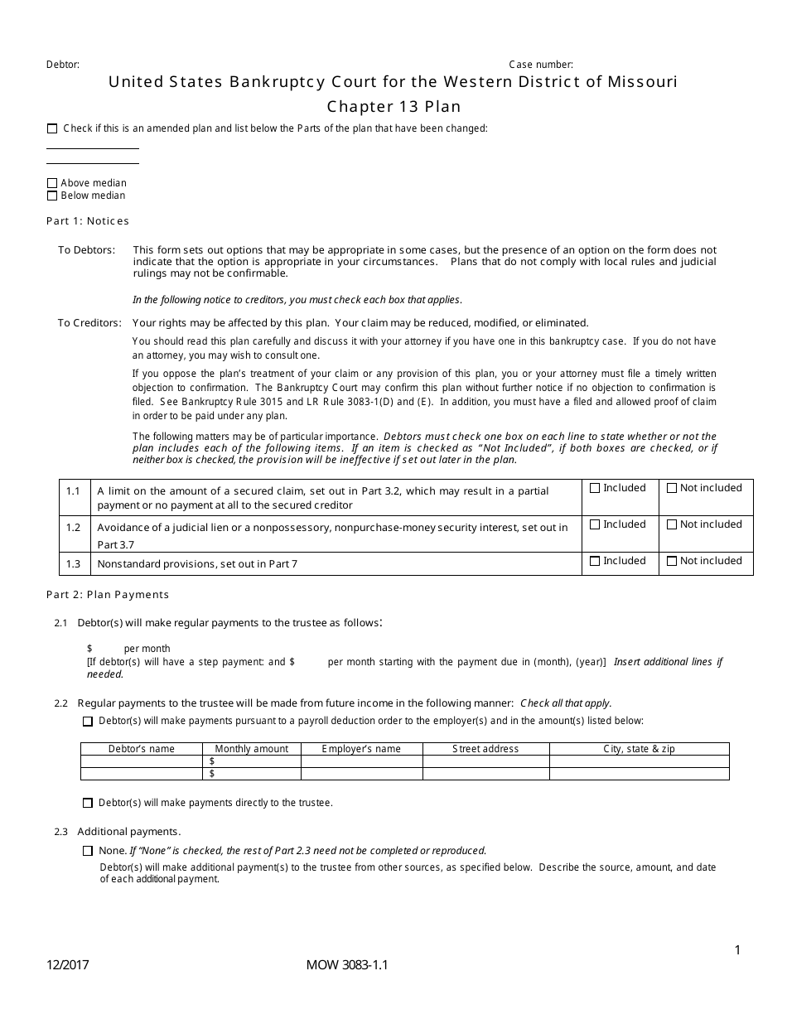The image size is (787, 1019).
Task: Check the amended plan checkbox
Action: (x=52, y=128)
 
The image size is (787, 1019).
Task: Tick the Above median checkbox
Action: (x=52, y=183)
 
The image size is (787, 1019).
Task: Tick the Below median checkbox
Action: (x=52, y=196)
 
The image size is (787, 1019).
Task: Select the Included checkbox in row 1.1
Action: (x=595, y=488)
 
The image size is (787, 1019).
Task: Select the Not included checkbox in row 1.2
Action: (x=672, y=524)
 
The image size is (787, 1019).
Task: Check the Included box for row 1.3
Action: (x=595, y=561)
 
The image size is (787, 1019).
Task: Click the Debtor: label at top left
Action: (x=63, y=65)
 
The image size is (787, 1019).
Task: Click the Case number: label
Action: (x=540, y=65)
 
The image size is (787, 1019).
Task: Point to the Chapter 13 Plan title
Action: (x=393, y=106)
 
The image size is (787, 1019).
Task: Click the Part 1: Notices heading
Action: (x=88, y=221)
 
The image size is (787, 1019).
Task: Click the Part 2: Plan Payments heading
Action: (x=108, y=594)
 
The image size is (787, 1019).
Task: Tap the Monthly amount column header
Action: (x=252, y=749)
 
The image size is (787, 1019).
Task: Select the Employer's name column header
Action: (x=361, y=749)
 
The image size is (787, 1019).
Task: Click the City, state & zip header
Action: (x=639, y=749)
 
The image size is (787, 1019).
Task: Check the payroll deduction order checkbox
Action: (x=88, y=722)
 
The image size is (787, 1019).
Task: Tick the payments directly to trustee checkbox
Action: (x=88, y=803)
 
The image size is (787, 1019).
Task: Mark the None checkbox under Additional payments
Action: (x=88, y=851)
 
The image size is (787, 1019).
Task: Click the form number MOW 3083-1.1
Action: (x=346, y=965)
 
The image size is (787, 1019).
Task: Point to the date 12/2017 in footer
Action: (x=68, y=965)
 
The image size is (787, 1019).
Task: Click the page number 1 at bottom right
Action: (x=737, y=950)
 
